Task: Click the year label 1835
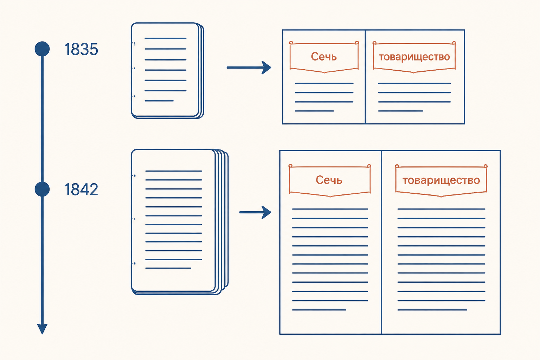click(x=81, y=49)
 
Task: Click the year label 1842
click(x=81, y=189)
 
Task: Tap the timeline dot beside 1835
click(x=42, y=49)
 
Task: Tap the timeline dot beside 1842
click(x=42, y=189)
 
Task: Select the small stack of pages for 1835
click(x=168, y=70)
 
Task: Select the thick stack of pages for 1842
click(x=180, y=222)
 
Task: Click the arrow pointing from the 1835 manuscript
click(x=249, y=67)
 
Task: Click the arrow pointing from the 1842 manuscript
click(x=255, y=212)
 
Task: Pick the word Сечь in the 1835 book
click(x=324, y=57)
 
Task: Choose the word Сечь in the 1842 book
click(x=329, y=180)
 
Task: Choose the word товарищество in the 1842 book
click(x=441, y=180)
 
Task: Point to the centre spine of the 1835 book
click(x=365, y=77)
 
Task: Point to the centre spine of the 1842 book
click(x=381, y=242)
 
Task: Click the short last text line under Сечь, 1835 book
click(x=314, y=111)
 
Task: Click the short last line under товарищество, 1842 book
click(x=432, y=310)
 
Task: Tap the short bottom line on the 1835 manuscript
click(x=159, y=101)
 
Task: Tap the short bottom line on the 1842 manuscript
click(x=168, y=268)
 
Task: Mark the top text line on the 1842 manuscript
click(x=174, y=171)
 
